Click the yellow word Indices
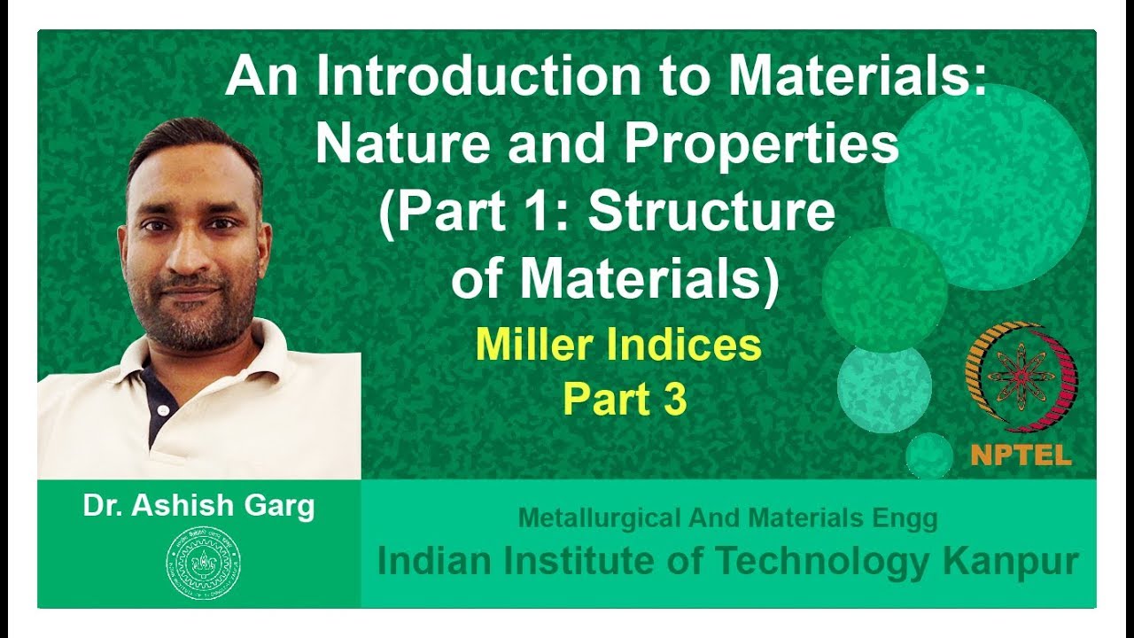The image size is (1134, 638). (x=687, y=345)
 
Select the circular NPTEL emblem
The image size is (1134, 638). (x=1021, y=376)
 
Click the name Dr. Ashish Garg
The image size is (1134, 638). (x=198, y=506)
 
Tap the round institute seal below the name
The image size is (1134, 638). (x=203, y=563)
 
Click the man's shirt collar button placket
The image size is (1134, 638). (x=159, y=403)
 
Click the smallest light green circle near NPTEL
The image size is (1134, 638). (x=929, y=455)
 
